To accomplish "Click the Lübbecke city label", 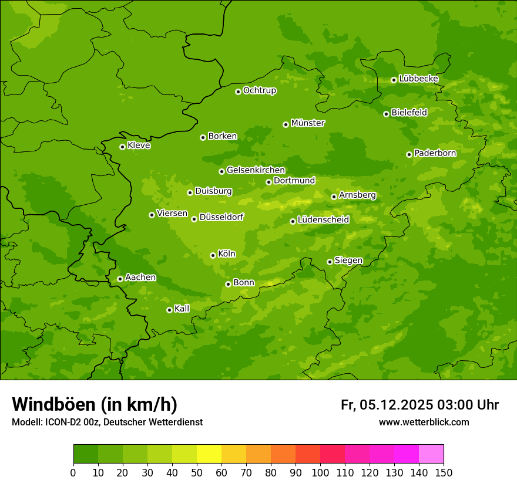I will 418,79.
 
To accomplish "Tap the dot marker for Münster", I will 286,124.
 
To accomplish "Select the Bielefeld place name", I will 409,112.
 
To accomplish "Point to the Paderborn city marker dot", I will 409,154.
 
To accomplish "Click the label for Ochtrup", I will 259,90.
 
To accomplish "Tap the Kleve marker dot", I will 122,147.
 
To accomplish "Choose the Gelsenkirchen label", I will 256,170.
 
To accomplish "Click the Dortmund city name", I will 294,181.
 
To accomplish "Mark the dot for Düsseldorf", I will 194,219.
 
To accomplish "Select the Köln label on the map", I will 226,254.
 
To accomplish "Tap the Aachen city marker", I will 120,279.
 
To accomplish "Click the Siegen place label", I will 348,261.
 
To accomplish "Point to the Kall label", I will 182,309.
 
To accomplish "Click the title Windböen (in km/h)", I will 95,404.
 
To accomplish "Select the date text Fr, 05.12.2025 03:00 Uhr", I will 419,405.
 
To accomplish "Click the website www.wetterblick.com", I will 424,422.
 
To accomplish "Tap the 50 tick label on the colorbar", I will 197,472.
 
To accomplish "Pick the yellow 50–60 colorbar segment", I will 209,454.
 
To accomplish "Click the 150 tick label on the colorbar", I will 444,472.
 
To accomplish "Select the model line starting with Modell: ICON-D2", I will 107,422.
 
